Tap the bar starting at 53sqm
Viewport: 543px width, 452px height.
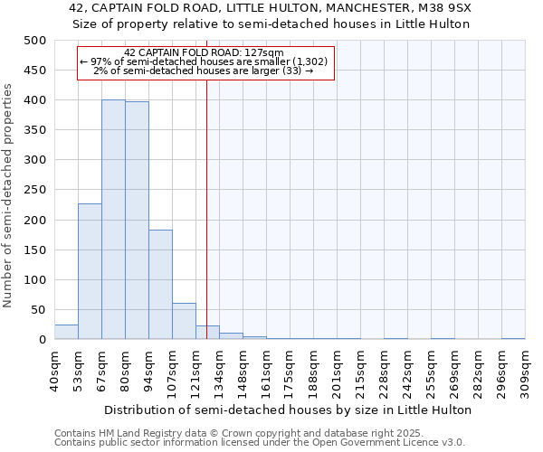click(x=90, y=271)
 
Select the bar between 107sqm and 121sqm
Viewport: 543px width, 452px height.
click(x=184, y=322)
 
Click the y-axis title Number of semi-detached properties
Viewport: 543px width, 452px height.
click(x=9, y=195)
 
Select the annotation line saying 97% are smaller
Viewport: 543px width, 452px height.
click(x=208, y=61)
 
